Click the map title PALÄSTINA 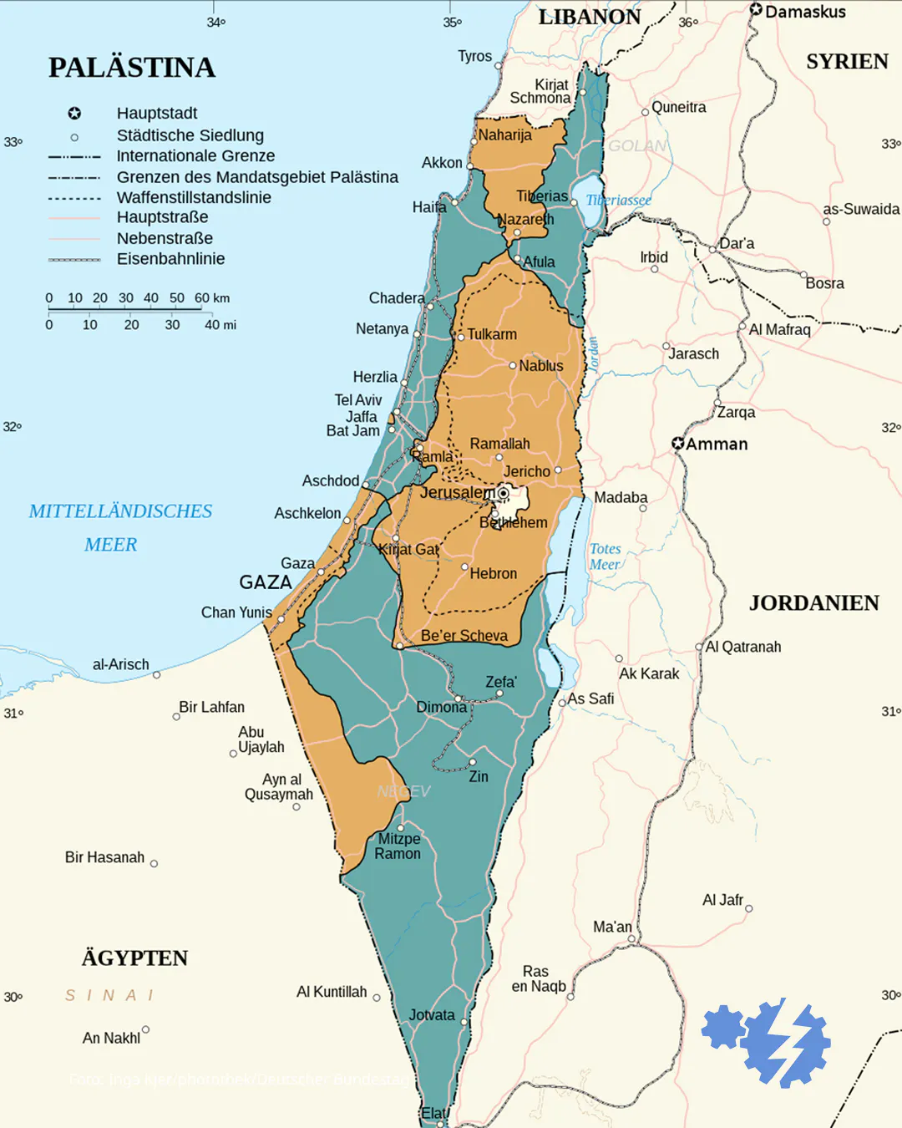[x=132, y=68]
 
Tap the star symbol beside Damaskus [x=756, y=10]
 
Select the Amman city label [x=717, y=444]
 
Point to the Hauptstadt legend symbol [x=74, y=114]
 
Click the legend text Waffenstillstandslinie [x=194, y=198]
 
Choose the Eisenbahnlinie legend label [x=170, y=259]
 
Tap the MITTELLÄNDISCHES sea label [x=120, y=511]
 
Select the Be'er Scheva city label [x=464, y=636]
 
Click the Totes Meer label [x=605, y=556]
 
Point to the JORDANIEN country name [x=813, y=603]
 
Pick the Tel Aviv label [x=357, y=400]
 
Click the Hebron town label [x=493, y=574]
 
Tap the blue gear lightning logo [x=767, y=1043]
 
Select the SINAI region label [x=109, y=995]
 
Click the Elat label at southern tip [x=433, y=1113]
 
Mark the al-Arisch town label [x=120, y=664]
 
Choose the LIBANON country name [x=589, y=17]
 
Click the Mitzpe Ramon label [x=398, y=846]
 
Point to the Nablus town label [x=540, y=366]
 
